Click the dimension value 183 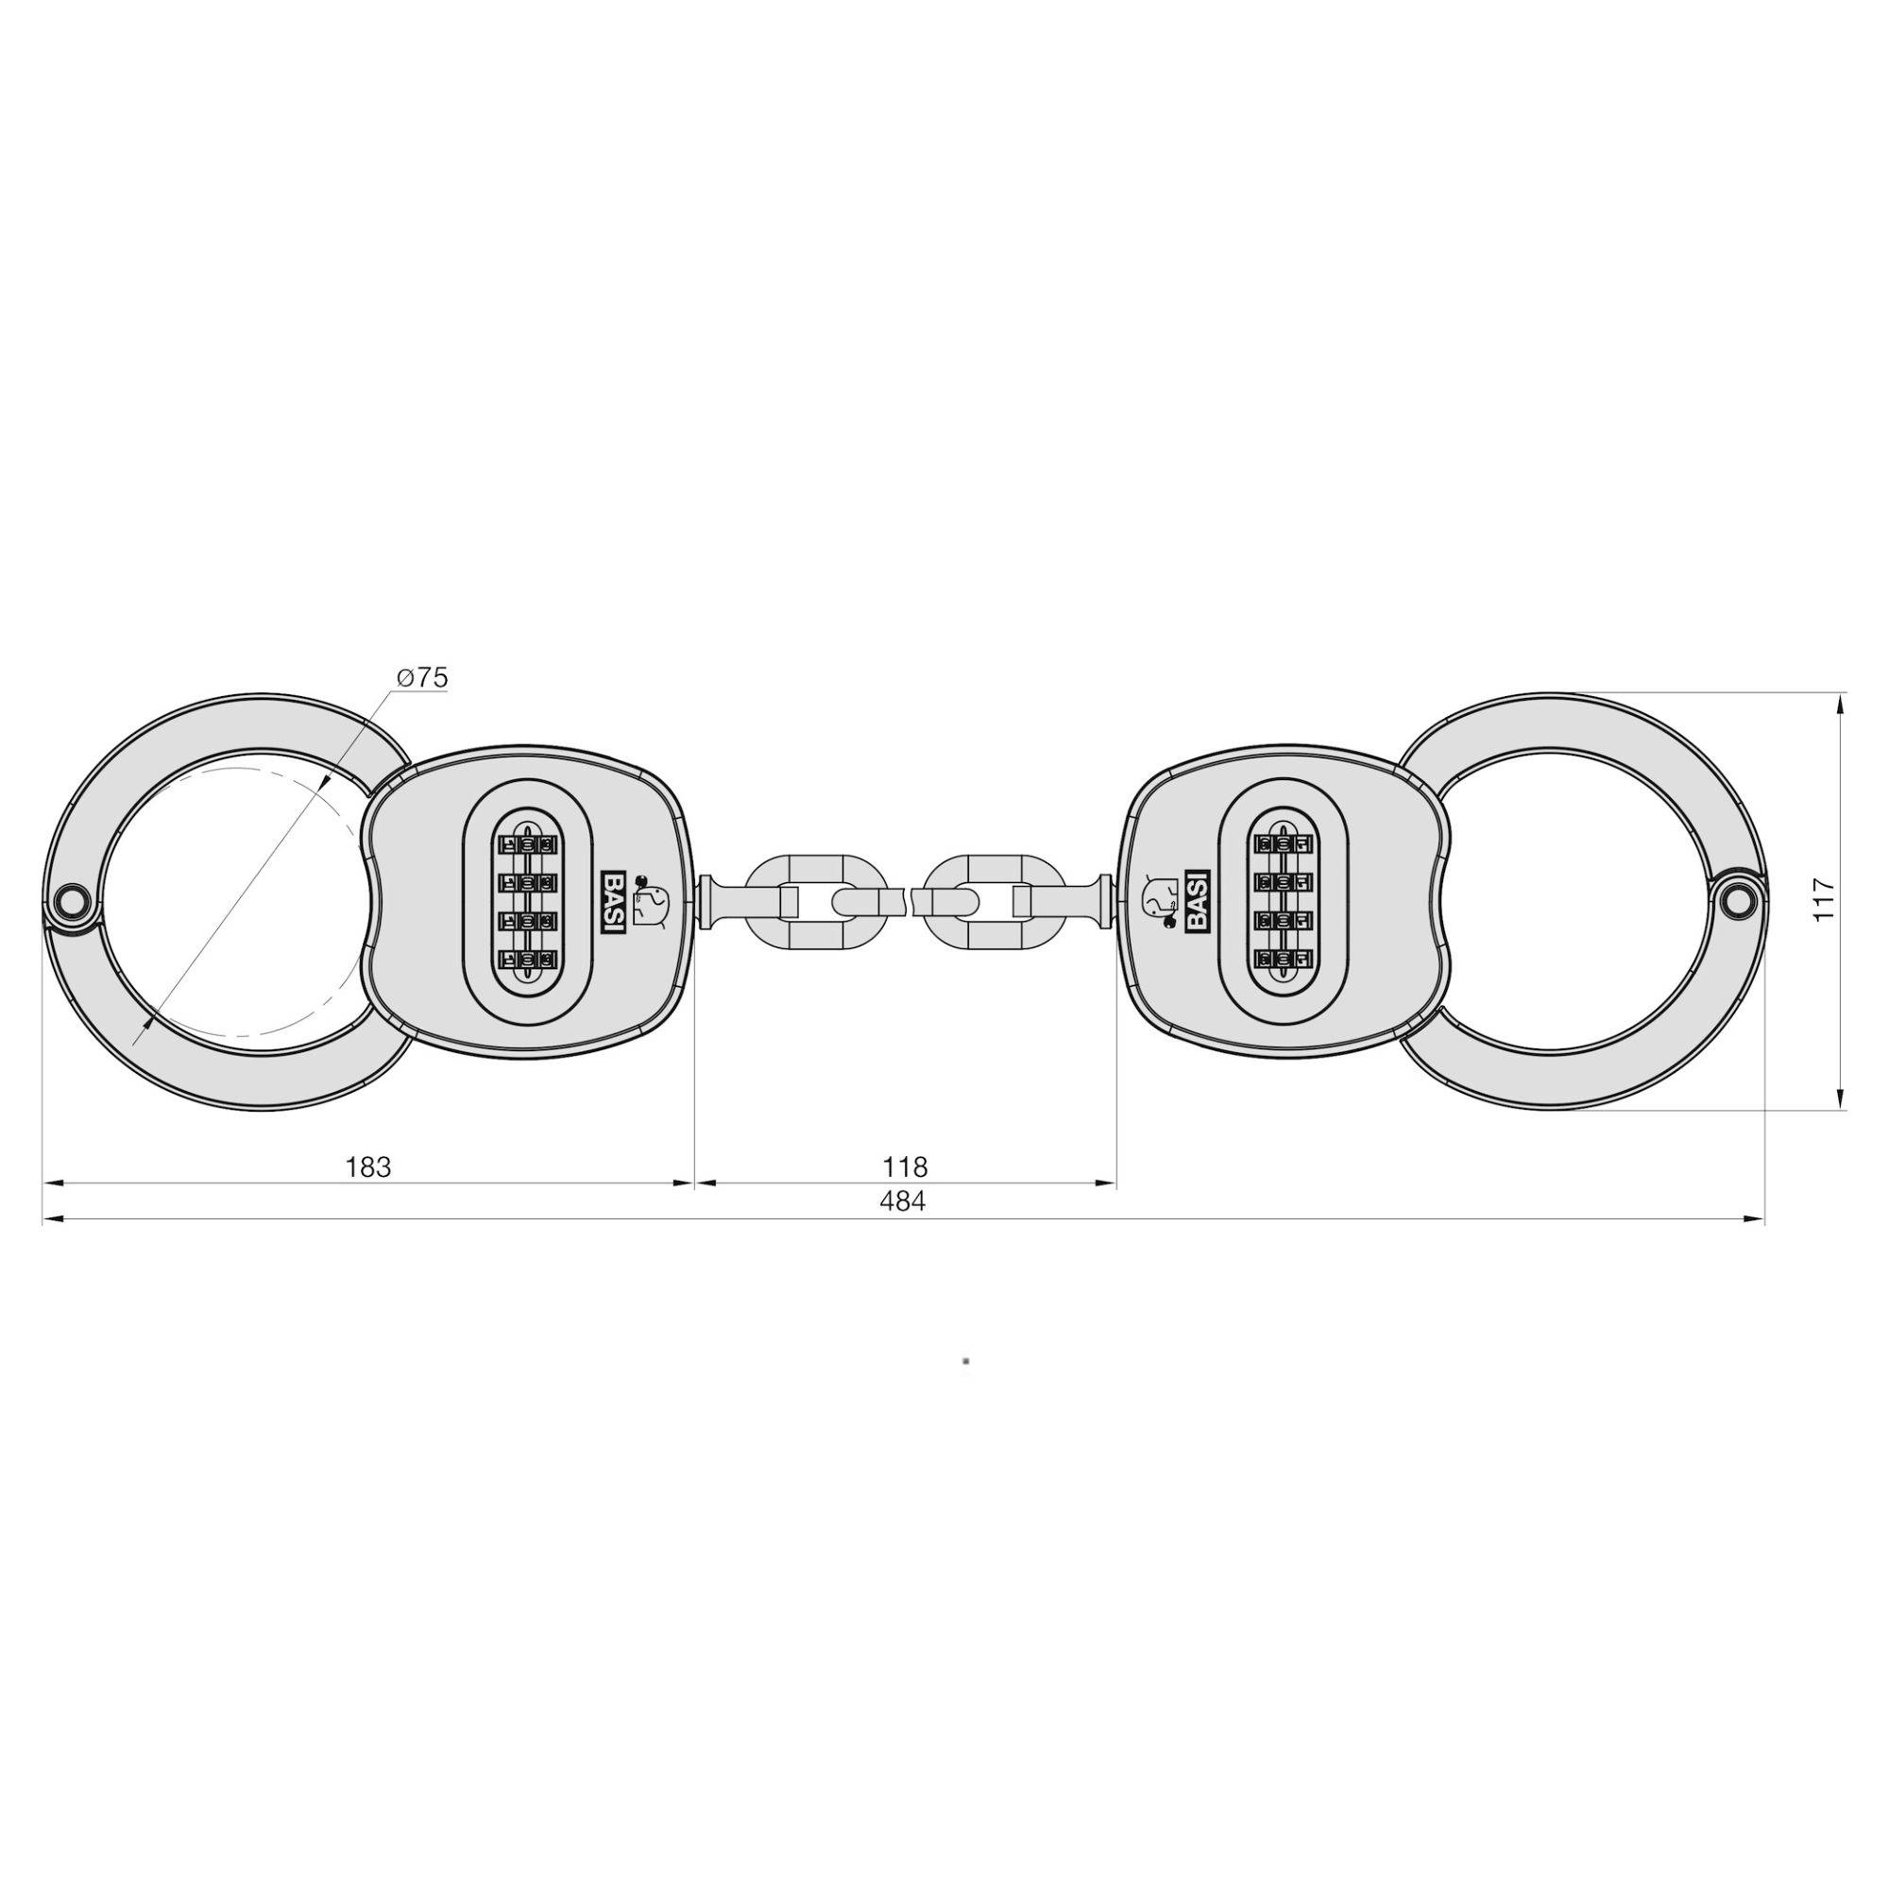pyautogui.click(x=368, y=1166)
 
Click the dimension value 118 pyautogui.click(x=905, y=1166)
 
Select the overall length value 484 pyautogui.click(x=901, y=1201)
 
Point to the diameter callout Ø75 pyautogui.click(x=422, y=677)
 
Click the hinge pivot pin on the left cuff pyautogui.click(x=72, y=899)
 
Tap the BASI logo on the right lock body pyautogui.click(x=1197, y=901)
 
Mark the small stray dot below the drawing pyautogui.click(x=966, y=1360)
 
